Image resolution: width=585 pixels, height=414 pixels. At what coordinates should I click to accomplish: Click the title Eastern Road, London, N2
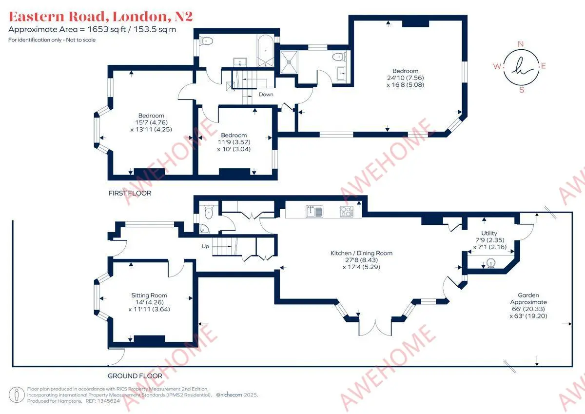pos(101,17)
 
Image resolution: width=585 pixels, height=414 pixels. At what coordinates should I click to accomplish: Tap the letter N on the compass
pos(521,44)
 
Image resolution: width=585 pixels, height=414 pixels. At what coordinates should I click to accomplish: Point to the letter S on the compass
pos(522,90)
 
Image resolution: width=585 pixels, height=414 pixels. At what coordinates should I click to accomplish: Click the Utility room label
pos(489,233)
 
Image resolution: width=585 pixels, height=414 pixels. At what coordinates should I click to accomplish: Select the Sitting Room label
pos(149,295)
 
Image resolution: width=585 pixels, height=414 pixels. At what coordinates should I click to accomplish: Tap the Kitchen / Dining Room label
pos(361,253)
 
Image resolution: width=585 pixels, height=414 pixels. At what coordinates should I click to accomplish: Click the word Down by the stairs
pos(266,94)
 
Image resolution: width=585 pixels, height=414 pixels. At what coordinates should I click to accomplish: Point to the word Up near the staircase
pos(205,246)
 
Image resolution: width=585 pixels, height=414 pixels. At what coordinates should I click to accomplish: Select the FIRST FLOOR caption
pos(130,193)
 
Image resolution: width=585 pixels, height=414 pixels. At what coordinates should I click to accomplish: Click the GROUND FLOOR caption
pos(135,376)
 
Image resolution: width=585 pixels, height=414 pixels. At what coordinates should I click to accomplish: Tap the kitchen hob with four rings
pos(347,212)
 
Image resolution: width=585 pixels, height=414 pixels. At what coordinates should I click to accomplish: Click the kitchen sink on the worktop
pos(314,211)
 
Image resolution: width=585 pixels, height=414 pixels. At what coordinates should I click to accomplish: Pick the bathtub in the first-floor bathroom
pos(265,50)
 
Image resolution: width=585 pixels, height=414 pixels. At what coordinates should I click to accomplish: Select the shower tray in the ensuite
pos(289,62)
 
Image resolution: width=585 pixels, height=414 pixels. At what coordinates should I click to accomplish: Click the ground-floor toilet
pos(209,212)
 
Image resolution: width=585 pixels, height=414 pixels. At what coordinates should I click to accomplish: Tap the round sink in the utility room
pos(491,263)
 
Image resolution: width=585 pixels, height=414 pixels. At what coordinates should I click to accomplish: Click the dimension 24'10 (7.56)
pos(405,78)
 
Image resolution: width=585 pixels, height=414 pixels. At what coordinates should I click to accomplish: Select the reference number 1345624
pos(108,401)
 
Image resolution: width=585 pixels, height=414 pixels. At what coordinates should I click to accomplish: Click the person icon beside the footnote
pos(17,394)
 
